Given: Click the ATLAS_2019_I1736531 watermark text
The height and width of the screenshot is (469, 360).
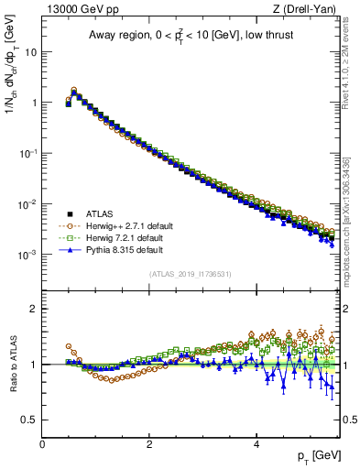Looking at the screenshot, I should point(191,274).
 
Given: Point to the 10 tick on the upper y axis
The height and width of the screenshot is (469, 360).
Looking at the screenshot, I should point(31,52).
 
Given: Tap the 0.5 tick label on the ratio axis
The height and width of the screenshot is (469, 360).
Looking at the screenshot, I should point(29,420).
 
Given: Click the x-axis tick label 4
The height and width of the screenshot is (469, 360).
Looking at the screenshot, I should point(256,442).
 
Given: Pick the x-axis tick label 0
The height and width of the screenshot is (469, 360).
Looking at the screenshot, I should point(42,442).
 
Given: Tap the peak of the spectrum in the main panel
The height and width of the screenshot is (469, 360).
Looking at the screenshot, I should point(74,91).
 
